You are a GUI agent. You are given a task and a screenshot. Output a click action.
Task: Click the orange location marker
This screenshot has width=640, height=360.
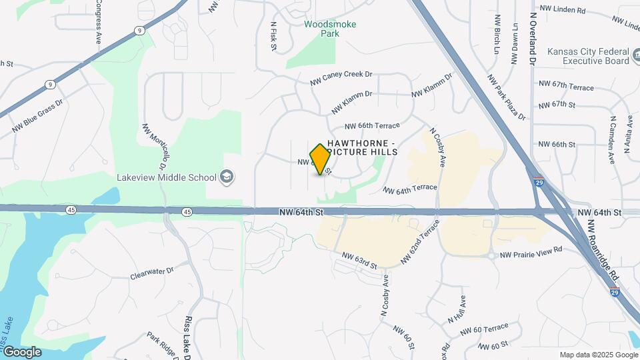[320, 159]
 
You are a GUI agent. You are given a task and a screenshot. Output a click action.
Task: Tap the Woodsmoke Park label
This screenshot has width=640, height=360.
[330, 29]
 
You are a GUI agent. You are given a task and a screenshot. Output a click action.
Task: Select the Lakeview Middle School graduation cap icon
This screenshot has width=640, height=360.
[227, 177]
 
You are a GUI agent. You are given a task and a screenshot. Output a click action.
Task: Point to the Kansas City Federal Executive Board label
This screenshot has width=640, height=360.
[588, 56]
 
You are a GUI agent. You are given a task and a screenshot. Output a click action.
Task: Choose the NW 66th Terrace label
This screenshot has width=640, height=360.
[372, 125]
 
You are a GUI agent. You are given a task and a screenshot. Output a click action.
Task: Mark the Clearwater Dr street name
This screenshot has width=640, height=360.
[151, 273]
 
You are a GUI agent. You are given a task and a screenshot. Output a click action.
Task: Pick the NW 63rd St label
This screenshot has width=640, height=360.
[360, 260]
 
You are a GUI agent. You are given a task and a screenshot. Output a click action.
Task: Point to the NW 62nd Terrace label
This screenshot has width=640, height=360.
[420, 241]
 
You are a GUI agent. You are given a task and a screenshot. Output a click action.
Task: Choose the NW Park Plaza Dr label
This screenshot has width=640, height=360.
[507, 97]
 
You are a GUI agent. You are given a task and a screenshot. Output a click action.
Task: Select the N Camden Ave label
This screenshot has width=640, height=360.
[611, 140]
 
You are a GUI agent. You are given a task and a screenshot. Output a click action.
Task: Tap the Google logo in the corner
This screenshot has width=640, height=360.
[22, 351]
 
